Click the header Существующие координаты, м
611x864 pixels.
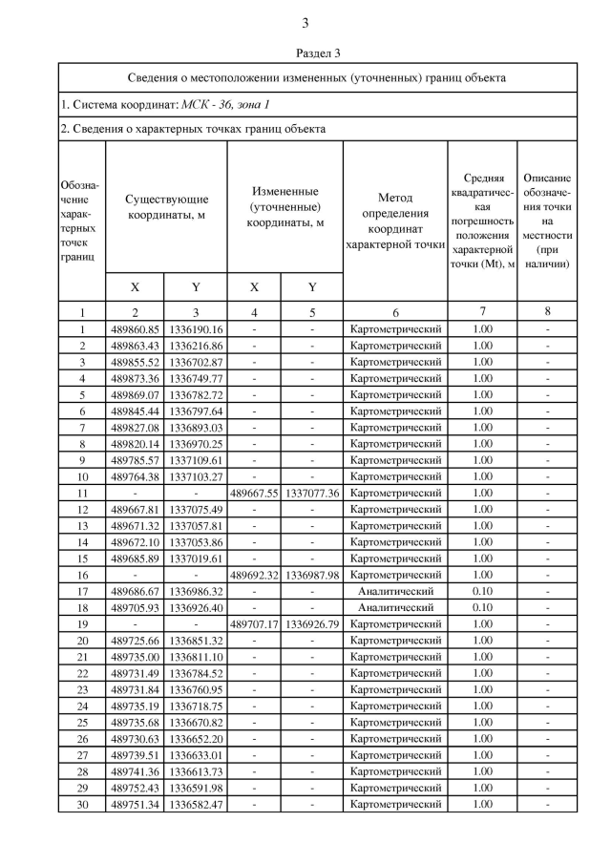[166, 206]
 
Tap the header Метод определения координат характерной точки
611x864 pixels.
[395, 218]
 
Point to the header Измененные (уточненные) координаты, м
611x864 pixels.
[284, 206]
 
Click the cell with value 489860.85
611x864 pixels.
[135, 329]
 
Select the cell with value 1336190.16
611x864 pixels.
[196, 329]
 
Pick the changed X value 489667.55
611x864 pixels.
[254, 493]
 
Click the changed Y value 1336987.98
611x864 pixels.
[312, 575]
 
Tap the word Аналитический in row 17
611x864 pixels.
[395, 591]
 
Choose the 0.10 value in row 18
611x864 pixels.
[483, 607]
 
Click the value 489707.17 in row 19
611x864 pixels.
[254, 623]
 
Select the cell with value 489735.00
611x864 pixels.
[135, 657]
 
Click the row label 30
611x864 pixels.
[82, 804]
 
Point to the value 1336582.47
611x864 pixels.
[196, 804]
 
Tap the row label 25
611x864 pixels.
[82, 722]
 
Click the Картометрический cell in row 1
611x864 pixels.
[395, 329]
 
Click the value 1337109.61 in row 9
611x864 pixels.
[196, 460]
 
